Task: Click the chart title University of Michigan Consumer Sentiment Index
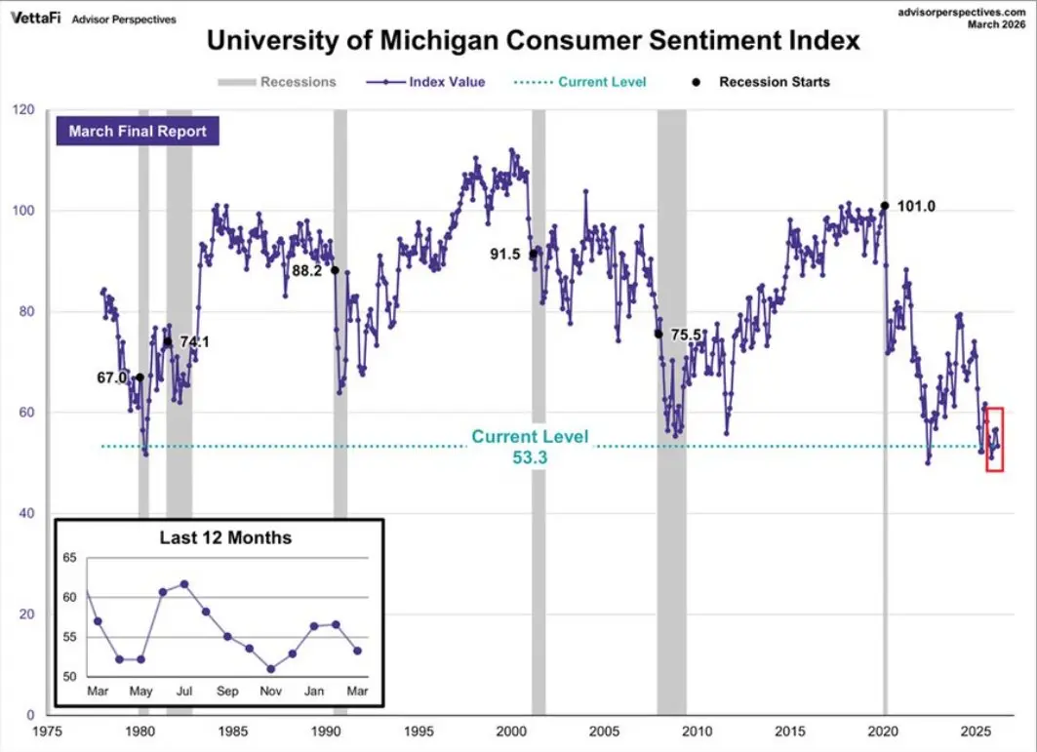click(x=534, y=42)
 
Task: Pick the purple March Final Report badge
click(x=138, y=131)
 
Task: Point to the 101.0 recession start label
click(x=917, y=207)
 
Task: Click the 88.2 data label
click(x=307, y=270)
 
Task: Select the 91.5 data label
click(x=504, y=255)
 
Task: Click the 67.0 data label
click(x=111, y=377)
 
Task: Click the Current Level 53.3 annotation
click(x=530, y=446)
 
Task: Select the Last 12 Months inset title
click(x=225, y=537)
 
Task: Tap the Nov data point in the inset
click(x=270, y=669)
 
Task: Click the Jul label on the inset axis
click(x=183, y=692)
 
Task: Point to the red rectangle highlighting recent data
click(x=994, y=439)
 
